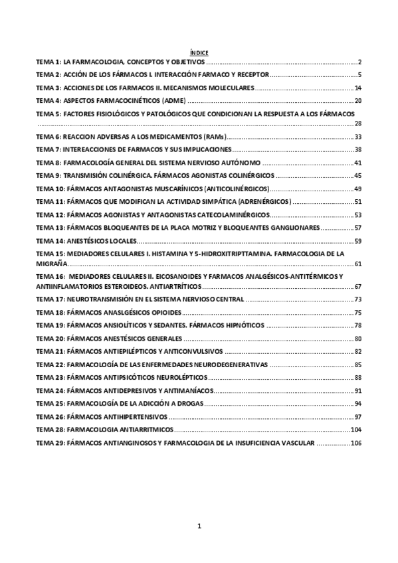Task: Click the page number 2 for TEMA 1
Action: pyautogui.click(x=359, y=61)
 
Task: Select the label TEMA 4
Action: pyautogui.click(x=48, y=101)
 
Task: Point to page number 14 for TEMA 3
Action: pyautogui.click(x=357, y=88)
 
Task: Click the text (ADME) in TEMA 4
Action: pyautogui.click(x=174, y=101)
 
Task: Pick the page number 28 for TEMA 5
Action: pyautogui.click(x=357, y=123)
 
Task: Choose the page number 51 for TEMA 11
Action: pyautogui.click(x=357, y=202)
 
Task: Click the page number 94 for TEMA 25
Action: pyautogui.click(x=357, y=404)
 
